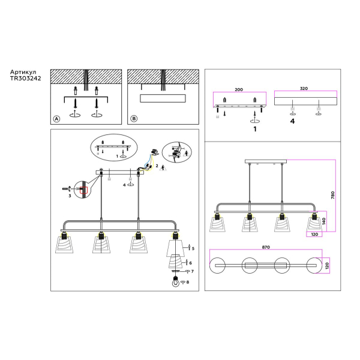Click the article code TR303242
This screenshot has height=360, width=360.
pos(26,79)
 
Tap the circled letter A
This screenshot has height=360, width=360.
pos(56,119)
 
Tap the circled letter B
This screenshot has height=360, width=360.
pos(134,119)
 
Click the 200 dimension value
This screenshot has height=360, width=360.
pos(239,89)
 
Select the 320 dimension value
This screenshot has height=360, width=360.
pos(304,89)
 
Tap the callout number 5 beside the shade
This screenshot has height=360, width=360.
pos(192,248)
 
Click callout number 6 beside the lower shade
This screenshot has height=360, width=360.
pos(191,263)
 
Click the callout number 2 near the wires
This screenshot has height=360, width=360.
pos(157,165)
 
